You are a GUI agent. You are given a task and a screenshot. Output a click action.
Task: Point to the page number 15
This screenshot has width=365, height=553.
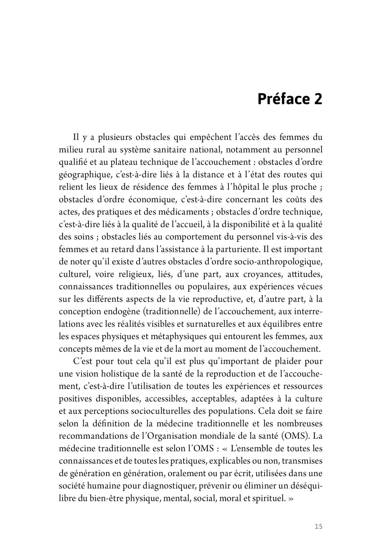[x=318, y=527]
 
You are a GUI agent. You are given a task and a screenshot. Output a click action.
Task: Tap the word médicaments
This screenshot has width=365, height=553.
[x=181, y=212]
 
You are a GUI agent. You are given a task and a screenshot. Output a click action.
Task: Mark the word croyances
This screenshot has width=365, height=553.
[x=258, y=274]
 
